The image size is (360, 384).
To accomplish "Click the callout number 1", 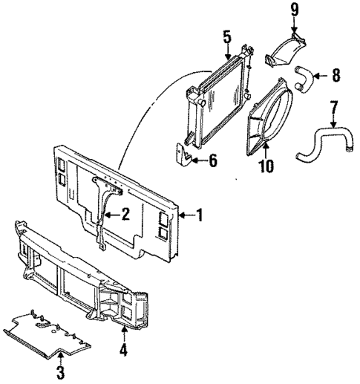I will (x=200, y=216).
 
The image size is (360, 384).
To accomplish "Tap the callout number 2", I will (x=125, y=215).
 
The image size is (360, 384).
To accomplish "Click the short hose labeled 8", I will (x=301, y=77).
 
